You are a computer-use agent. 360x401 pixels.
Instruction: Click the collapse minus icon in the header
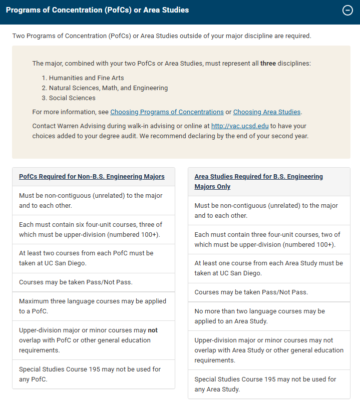tap(347, 11)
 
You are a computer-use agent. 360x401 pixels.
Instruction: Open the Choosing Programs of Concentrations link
tap(167, 112)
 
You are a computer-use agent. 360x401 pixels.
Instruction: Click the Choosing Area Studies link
tap(266, 112)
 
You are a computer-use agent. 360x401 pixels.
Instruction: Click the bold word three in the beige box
tap(268, 64)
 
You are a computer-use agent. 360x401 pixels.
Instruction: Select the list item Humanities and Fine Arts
tap(86, 78)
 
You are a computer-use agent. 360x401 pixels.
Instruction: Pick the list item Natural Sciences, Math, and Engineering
tap(108, 88)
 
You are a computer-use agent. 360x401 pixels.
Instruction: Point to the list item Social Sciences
tap(72, 98)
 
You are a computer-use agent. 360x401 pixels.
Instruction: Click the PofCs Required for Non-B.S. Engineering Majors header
tap(92, 177)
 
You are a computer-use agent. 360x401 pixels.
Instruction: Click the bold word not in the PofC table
tap(153, 330)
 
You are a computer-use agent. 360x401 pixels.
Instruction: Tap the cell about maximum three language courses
tap(93, 306)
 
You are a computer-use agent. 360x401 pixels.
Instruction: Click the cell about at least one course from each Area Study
tap(268, 268)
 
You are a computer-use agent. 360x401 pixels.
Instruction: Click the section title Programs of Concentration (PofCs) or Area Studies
tap(97, 10)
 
